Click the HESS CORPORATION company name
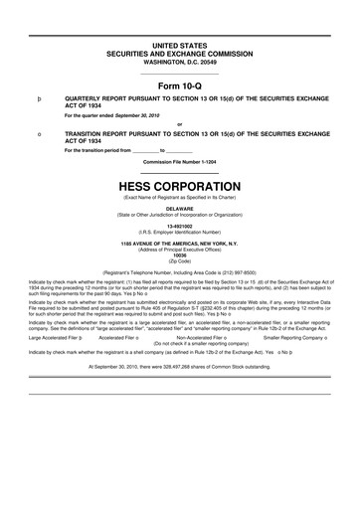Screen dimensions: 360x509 click(x=180, y=186)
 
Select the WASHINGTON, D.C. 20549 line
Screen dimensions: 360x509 click(x=180, y=64)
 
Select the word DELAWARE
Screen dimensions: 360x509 click(x=180, y=209)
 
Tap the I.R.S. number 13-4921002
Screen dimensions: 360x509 click(x=180, y=225)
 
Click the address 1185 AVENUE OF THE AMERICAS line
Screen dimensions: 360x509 click(x=180, y=242)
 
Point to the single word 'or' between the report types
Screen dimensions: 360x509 click(x=180, y=124)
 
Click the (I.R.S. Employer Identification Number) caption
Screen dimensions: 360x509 click(x=180, y=231)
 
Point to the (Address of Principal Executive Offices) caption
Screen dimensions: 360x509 click(x=180, y=248)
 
